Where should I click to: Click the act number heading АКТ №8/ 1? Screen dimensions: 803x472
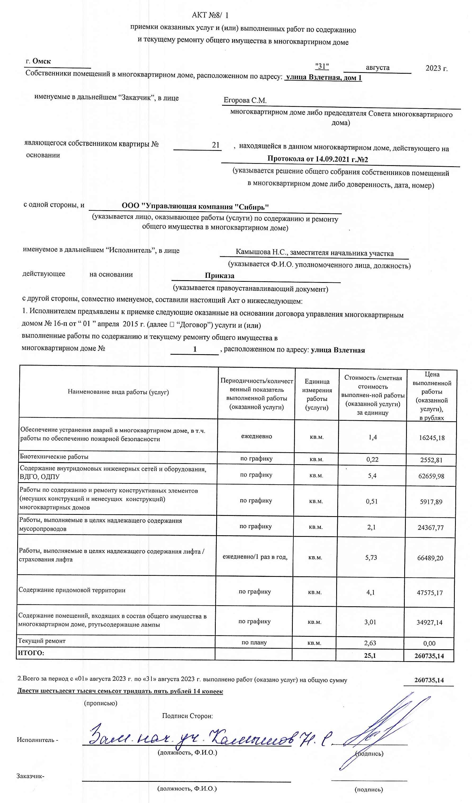pos(210,15)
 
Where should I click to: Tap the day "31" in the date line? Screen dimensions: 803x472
pos(322,66)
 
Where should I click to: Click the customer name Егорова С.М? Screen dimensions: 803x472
pos(245,100)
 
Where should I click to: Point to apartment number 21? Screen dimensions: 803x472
pos(216,145)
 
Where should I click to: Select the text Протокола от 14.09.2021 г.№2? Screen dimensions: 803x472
pos(318,159)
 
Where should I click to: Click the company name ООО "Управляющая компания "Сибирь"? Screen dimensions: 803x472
pos(195,206)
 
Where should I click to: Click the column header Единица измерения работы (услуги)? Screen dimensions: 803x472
pos(317,394)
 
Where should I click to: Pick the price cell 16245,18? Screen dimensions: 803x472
pos(431,437)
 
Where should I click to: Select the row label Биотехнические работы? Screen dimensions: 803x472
pos(54,457)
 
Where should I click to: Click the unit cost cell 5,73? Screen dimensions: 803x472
pos(371,557)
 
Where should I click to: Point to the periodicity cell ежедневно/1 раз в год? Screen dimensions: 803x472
pos(255,557)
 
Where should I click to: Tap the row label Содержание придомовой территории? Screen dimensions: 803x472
pos(72,590)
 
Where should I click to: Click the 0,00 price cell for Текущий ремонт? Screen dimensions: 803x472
pos(429,643)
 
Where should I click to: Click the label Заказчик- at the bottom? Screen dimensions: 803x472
pos(30,776)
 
